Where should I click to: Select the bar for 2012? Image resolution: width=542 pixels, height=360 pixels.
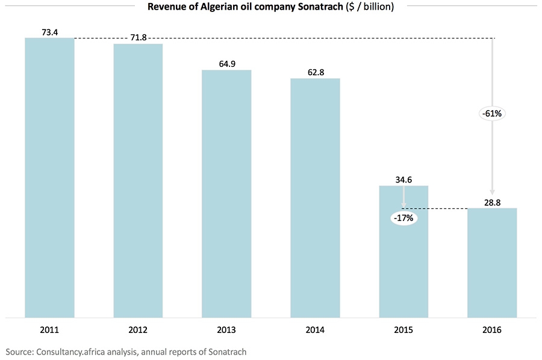tap(138, 180)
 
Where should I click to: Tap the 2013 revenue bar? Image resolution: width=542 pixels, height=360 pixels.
tap(226, 193)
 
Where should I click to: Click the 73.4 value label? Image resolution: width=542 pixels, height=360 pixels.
tap(49, 32)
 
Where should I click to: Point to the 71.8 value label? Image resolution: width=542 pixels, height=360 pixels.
tap(138, 38)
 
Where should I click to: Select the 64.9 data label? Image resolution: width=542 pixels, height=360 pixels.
tap(226, 64)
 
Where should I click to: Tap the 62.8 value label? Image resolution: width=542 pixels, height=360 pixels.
tap(315, 72)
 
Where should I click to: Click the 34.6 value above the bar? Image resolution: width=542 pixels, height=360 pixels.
tap(403, 179)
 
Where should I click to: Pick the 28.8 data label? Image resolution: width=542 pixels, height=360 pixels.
tap(492, 202)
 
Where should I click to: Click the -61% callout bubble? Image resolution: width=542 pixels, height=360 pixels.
tap(492, 113)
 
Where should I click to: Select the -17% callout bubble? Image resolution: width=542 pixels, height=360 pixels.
tap(403, 218)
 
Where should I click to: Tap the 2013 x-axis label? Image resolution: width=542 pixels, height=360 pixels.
tap(226, 330)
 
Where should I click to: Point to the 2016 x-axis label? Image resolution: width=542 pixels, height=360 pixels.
tap(492, 330)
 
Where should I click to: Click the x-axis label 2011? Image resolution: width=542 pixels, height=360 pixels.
tap(49, 330)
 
